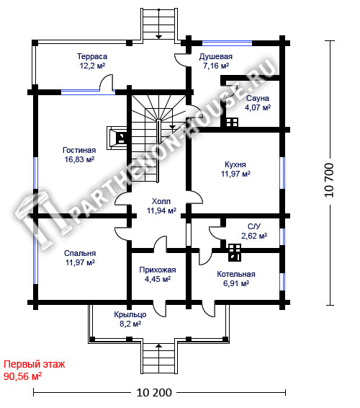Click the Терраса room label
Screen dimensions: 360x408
(x=92, y=56)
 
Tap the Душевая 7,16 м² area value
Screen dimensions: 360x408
(x=216, y=66)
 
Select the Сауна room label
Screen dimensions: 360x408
(x=257, y=98)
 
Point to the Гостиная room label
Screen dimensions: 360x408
(x=79, y=150)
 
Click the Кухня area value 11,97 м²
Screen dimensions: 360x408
(x=235, y=174)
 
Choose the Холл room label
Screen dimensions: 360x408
(x=161, y=201)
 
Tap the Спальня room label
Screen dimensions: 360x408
(x=80, y=253)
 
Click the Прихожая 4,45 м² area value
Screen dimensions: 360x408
(x=158, y=279)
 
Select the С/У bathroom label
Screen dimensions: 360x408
(x=254, y=226)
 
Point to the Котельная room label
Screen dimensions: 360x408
(x=236, y=274)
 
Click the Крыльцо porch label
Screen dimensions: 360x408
(x=130, y=314)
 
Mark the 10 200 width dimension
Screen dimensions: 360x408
(x=154, y=393)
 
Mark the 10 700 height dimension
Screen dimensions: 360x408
(x=329, y=180)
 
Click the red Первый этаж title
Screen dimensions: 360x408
(x=34, y=364)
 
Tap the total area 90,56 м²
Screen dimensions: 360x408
(x=22, y=376)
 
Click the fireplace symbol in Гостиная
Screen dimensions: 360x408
(x=117, y=138)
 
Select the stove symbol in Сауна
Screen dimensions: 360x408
(x=232, y=123)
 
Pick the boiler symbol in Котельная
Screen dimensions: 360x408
(x=235, y=252)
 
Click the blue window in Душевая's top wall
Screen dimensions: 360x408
(x=228, y=43)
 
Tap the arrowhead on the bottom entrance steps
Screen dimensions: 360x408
(x=158, y=346)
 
